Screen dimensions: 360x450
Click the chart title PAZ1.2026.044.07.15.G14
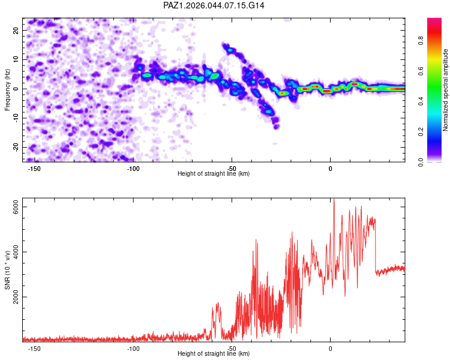(x=214, y=5)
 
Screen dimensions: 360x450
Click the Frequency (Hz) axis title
(x=7, y=89)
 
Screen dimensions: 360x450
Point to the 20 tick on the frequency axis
(x=16, y=30)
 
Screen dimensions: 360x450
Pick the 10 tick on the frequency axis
(x=16, y=59)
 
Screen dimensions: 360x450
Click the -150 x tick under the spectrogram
(x=34, y=168)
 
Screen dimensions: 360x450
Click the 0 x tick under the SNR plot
(x=330, y=348)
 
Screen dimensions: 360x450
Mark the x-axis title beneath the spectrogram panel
(x=214, y=174)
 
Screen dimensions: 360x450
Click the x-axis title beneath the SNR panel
(x=214, y=354)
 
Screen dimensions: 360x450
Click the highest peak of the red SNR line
(x=334, y=199)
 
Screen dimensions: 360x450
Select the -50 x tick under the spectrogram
(x=232, y=168)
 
